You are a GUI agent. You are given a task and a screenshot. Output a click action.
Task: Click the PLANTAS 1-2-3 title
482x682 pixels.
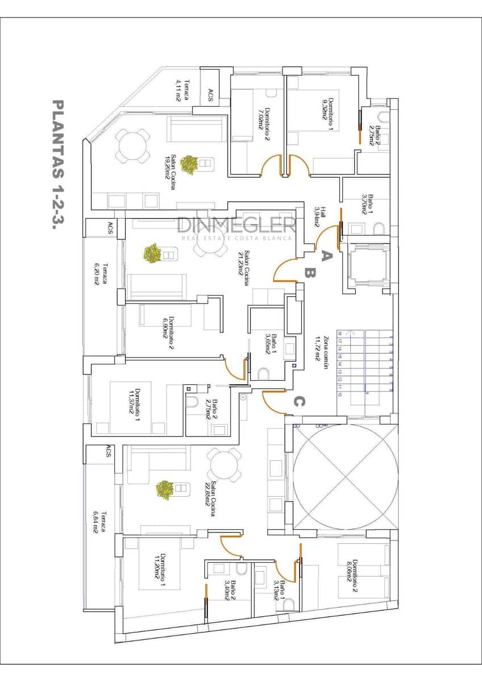(x=57, y=164)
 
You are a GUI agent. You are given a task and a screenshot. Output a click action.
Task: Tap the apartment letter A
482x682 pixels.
(x=326, y=256)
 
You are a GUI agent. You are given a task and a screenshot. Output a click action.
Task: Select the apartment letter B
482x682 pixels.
(x=310, y=273)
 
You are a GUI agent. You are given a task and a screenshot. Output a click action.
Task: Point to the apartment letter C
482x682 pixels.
(x=299, y=402)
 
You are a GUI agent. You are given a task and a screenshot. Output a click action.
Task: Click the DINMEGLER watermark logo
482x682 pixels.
(x=236, y=226)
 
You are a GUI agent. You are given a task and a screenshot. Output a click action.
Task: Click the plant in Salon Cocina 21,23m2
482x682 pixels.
(x=152, y=253)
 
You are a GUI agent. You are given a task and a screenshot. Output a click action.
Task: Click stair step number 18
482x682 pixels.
(x=340, y=334)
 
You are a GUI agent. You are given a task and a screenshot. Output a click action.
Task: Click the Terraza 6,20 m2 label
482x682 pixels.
(x=101, y=273)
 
